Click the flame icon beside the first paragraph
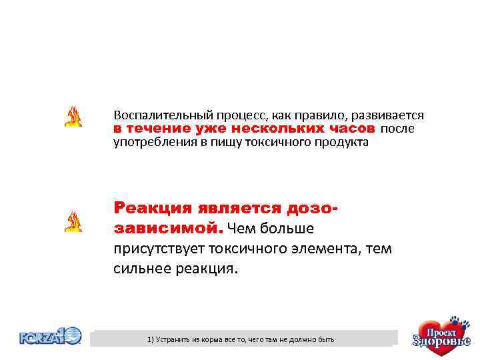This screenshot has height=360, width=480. click(73, 117)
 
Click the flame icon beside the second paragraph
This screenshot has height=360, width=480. click(73, 221)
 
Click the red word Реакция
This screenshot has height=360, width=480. click(149, 208)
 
